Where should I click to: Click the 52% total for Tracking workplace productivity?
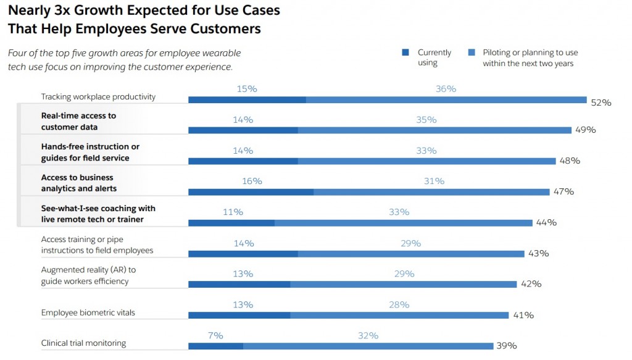601,103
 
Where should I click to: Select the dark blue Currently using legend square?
405,53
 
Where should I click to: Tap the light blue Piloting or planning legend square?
471,53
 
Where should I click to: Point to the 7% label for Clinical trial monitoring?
215,335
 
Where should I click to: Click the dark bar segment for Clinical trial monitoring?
215,346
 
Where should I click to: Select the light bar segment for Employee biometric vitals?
399,315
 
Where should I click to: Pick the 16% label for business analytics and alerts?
252,181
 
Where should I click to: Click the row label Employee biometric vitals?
88,313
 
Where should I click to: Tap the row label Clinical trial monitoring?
83,343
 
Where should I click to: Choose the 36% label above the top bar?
446,89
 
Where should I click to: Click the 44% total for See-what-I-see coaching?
546,222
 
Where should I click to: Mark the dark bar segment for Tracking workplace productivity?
247,99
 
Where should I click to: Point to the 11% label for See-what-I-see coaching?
233,212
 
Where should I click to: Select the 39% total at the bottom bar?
506,346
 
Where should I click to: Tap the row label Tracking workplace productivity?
98,97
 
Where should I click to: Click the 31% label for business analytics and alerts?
434,181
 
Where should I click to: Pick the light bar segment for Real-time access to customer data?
434,130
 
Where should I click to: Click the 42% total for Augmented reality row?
531,284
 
